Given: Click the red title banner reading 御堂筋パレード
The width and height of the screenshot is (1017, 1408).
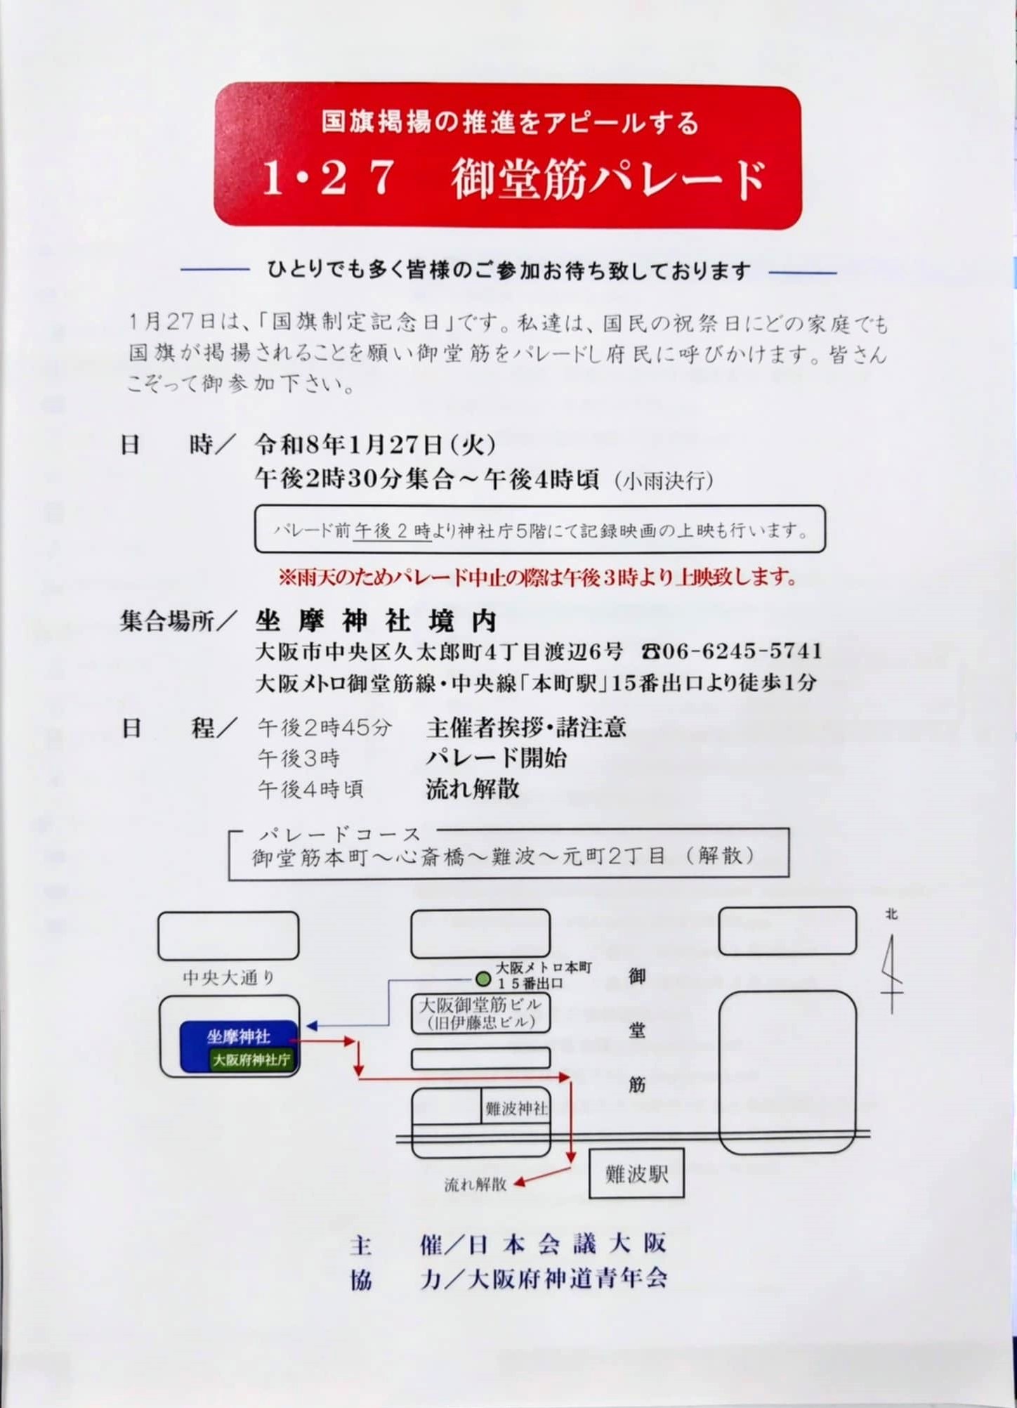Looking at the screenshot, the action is click(x=507, y=156).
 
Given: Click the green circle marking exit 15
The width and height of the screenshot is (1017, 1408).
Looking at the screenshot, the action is click(x=483, y=979).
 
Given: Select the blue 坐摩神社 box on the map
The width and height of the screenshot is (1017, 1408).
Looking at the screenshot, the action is click(x=240, y=1045).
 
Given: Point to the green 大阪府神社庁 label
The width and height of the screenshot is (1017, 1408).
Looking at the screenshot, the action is click(x=251, y=1060).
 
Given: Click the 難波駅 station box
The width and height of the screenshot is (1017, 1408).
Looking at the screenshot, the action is click(x=636, y=1173).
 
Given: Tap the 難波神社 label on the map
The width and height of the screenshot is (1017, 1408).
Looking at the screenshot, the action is click(x=516, y=1108).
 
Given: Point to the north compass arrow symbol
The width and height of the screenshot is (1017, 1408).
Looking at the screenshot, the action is click(x=892, y=972).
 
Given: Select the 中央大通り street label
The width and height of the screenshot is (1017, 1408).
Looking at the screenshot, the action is click(x=229, y=977).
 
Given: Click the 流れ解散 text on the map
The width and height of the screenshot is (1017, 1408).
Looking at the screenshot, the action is click(x=475, y=1184).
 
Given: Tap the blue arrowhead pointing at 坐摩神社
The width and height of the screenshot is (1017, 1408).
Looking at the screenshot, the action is click(x=312, y=1026).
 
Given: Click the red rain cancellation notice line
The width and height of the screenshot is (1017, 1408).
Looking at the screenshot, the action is click(x=538, y=577).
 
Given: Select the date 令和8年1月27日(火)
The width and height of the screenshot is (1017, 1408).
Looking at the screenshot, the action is click(x=376, y=444).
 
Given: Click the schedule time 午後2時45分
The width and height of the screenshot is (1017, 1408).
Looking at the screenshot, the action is click(x=324, y=727).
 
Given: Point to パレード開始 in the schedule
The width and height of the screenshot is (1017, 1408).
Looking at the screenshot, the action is click(x=497, y=758).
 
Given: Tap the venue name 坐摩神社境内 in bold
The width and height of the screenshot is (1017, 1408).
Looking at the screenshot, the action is click(x=376, y=620).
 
